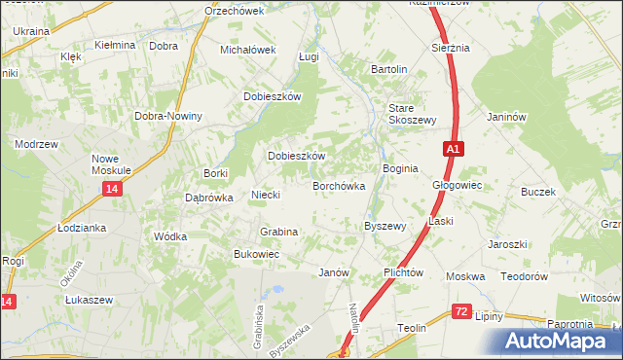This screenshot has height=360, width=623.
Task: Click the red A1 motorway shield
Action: point(454,149)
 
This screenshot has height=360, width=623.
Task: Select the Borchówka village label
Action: point(338,185)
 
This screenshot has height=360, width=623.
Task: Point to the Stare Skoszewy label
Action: point(411,113)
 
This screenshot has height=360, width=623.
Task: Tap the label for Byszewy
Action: point(384,226)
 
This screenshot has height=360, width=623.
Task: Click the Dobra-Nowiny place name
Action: point(169,117)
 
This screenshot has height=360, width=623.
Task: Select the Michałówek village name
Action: point(249,49)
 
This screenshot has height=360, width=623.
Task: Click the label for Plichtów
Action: point(403,272)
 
